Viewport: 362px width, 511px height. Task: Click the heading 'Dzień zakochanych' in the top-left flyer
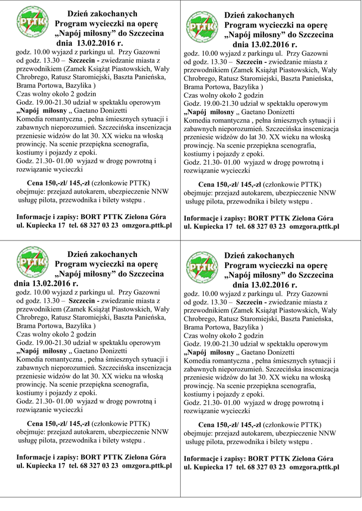102,13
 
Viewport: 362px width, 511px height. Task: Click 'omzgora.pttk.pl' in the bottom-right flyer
315,468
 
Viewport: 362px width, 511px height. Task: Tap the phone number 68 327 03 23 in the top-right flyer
267,227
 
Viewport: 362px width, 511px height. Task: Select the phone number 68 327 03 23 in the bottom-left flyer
99,466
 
